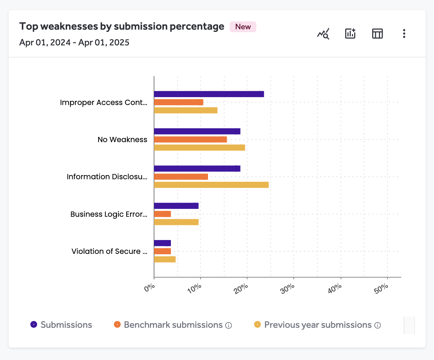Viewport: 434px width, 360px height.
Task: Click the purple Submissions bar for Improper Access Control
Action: coord(209,94)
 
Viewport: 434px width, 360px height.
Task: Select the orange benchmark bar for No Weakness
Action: coord(190,139)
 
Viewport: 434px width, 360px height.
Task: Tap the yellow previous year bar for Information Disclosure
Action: coord(211,185)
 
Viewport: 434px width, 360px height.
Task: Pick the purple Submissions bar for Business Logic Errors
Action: coord(176,206)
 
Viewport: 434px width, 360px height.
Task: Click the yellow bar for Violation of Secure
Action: coord(165,259)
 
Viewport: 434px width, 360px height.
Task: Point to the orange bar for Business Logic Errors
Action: coord(162,214)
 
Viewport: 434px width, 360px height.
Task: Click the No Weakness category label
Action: coord(122,139)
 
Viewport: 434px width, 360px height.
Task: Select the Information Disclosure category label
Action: coord(107,177)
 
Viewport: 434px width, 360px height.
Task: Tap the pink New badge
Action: coord(243,27)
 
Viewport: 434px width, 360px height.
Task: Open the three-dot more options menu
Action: coord(404,34)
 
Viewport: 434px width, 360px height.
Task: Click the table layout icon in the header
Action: coord(377,34)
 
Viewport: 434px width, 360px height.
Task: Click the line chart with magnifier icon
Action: coord(323,34)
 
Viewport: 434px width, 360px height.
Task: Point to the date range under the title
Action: coord(74,42)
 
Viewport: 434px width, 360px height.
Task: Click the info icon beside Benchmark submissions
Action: coord(229,325)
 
